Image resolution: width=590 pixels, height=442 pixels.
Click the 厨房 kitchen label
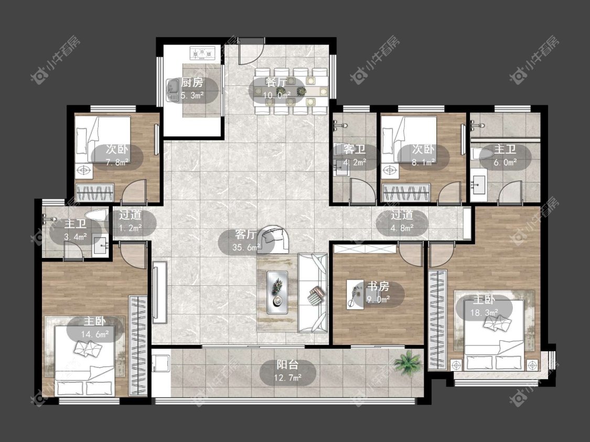(x=192, y=82)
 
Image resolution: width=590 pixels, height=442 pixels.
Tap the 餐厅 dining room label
(x=276, y=82)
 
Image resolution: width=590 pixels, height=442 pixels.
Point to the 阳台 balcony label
(x=288, y=364)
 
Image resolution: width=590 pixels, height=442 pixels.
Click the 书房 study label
(x=378, y=286)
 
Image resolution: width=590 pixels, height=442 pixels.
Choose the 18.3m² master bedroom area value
(x=484, y=312)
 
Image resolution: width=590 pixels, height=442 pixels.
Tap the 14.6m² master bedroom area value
(x=95, y=334)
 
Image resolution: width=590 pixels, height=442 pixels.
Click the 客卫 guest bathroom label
(x=355, y=149)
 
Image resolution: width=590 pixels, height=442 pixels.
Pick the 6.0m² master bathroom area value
(x=505, y=163)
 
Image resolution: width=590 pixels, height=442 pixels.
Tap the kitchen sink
(x=173, y=90)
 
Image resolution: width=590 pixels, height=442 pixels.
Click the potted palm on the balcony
(x=407, y=362)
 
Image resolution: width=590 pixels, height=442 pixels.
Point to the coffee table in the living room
(x=277, y=292)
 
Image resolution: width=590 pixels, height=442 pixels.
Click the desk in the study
(x=355, y=295)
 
